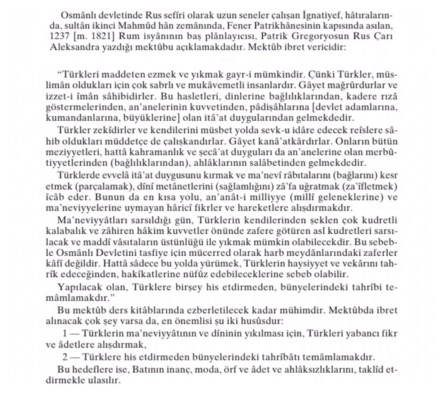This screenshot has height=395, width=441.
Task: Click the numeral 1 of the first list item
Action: [x=65, y=334]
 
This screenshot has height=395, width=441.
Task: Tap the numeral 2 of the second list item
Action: [x=65, y=357]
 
